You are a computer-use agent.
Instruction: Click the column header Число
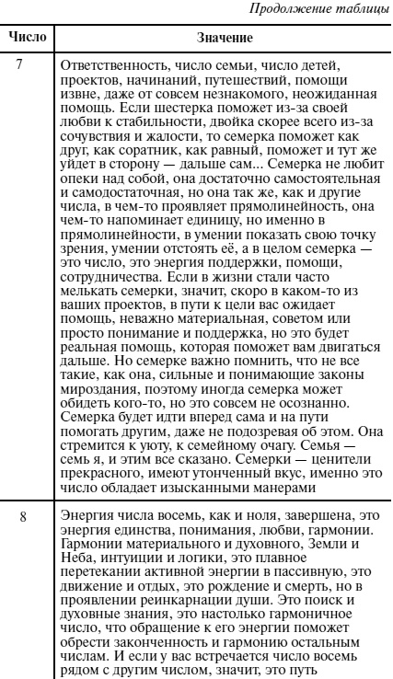click(x=27, y=40)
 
